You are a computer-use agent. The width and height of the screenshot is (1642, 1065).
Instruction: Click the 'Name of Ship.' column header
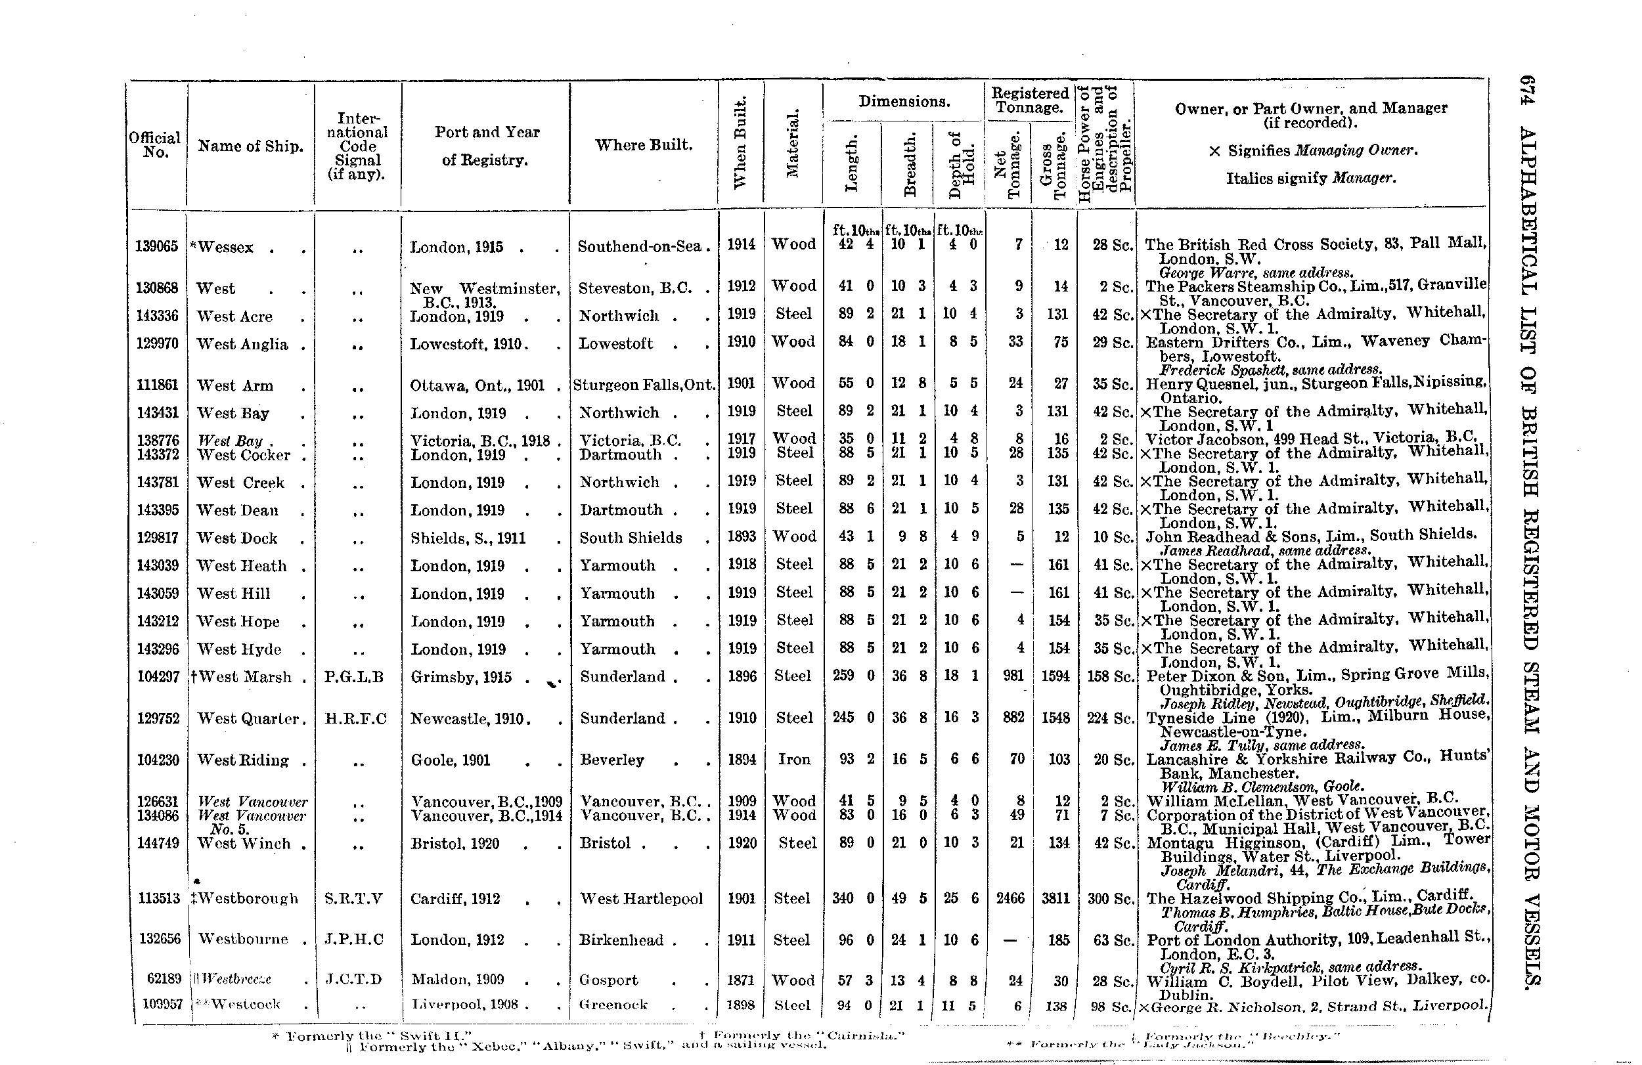(x=250, y=146)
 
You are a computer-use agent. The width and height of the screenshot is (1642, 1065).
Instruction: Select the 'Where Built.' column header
(x=644, y=145)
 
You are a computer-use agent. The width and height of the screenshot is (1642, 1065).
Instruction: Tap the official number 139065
(x=156, y=247)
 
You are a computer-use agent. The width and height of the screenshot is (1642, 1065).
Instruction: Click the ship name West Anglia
(x=242, y=344)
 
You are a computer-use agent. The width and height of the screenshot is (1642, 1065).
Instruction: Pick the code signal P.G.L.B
(x=353, y=678)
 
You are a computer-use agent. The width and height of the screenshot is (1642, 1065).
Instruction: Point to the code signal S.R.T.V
(x=353, y=899)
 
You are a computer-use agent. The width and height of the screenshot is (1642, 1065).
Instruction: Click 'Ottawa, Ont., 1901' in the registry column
(x=477, y=385)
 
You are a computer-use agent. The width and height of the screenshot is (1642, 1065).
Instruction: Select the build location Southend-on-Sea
(x=640, y=246)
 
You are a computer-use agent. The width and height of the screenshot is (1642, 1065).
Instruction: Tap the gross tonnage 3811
(x=1055, y=899)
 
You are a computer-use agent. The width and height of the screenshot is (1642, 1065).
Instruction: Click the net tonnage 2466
(x=1010, y=899)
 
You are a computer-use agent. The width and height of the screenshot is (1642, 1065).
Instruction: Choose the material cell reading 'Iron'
(x=794, y=760)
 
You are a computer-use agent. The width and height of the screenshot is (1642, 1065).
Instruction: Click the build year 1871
(x=742, y=980)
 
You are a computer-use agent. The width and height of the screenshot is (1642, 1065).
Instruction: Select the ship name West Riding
(x=243, y=760)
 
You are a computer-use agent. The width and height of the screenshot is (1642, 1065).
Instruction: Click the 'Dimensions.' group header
(x=904, y=101)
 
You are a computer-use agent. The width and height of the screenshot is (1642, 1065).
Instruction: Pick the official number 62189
(x=164, y=980)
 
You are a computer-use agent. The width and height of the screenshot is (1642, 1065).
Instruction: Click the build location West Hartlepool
(x=641, y=899)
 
